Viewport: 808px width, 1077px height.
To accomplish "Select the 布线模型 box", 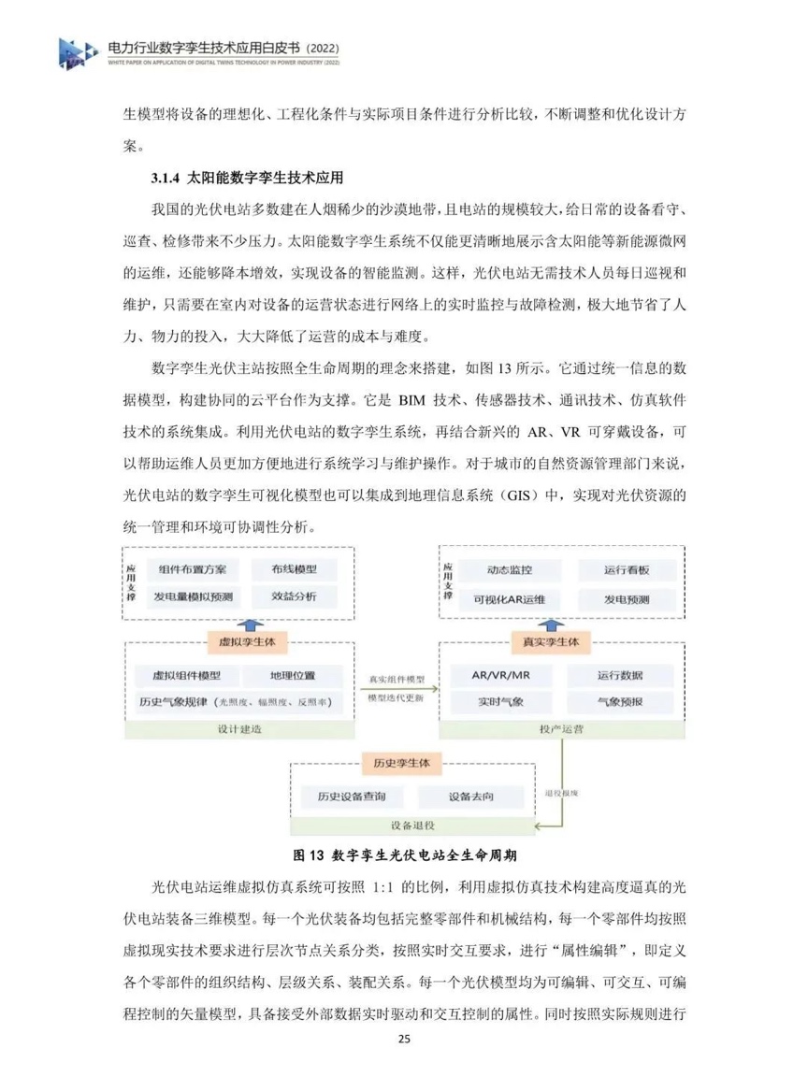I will pyautogui.click(x=294, y=569).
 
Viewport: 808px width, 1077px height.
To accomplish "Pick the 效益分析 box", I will pyautogui.click(x=294, y=596).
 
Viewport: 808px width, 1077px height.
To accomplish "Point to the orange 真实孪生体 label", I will pyautogui.click(x=546, y=642).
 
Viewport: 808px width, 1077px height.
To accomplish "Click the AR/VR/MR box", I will pyautogui.click(x=498, y=675).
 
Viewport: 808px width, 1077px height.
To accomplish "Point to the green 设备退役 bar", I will pyautogui.click(x=411, y=826).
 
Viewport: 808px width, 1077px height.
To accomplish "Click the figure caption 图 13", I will pyautogui.click(x=308, y=854).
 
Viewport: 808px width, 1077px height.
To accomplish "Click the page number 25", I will pyautogui.click(x=404, y=1039).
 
